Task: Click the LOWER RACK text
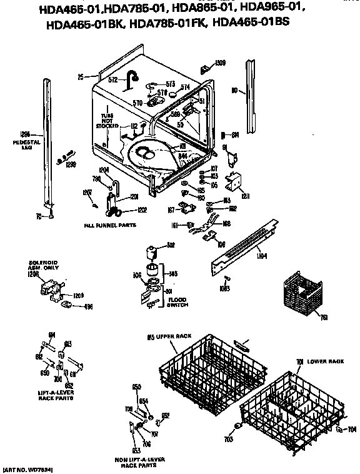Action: (325, 361)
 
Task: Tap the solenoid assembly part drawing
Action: (50, 290)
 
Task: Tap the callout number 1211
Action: (245, 196)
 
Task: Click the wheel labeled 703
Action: (237, 428)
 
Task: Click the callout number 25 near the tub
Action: (80, 78)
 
